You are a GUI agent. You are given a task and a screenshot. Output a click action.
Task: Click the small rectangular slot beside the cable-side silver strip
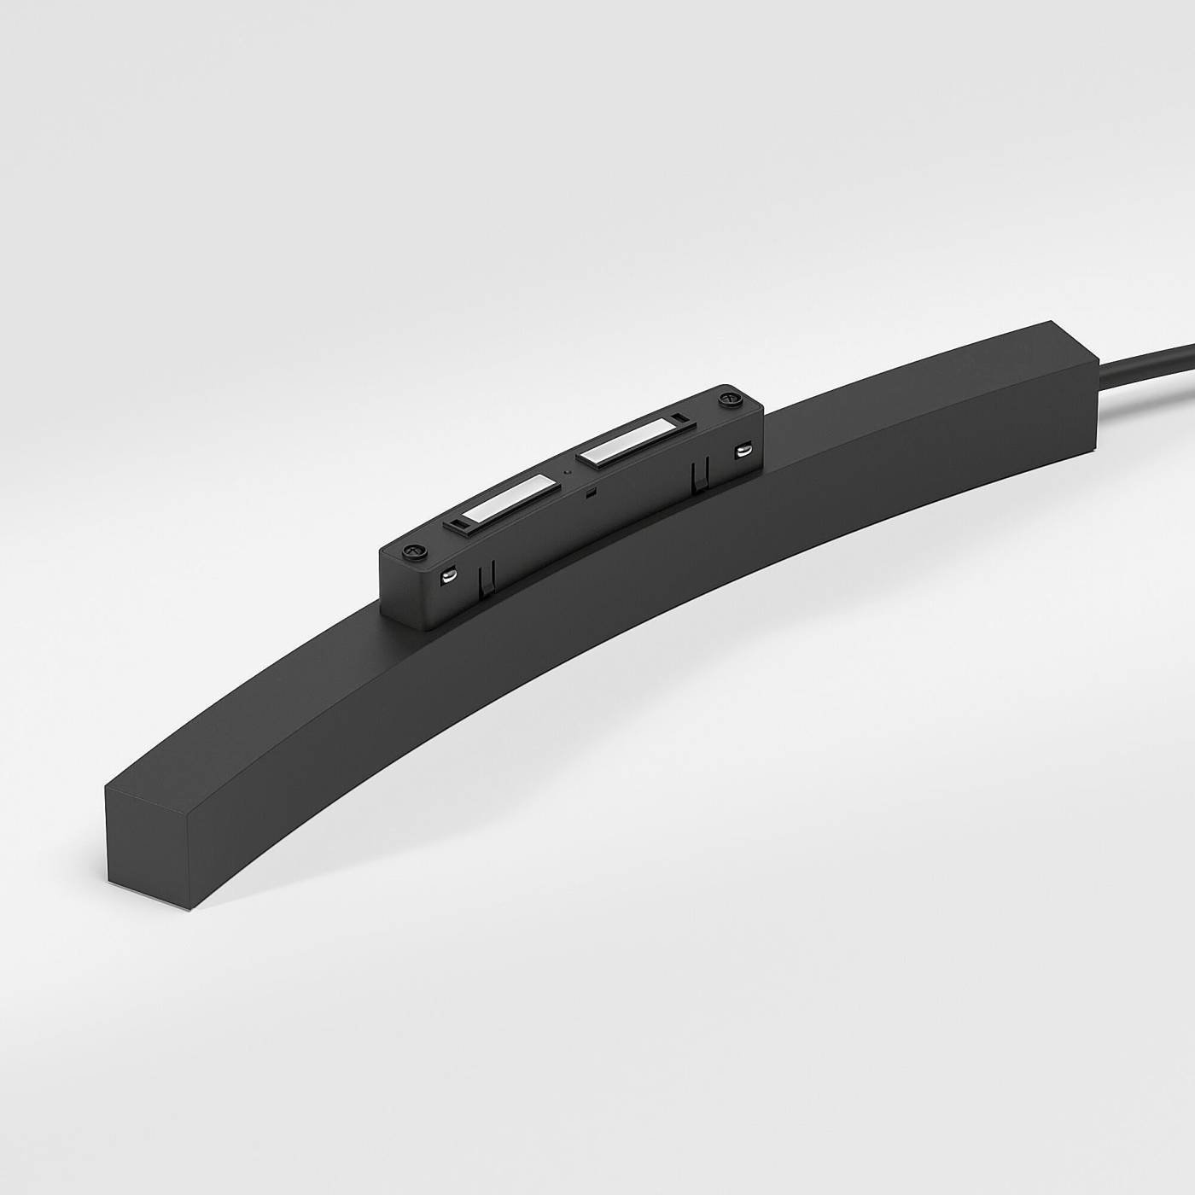[677, 418]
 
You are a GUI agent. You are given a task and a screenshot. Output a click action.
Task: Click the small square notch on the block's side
[588, 493]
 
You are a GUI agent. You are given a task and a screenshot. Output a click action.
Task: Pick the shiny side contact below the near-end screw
[445, 578]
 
